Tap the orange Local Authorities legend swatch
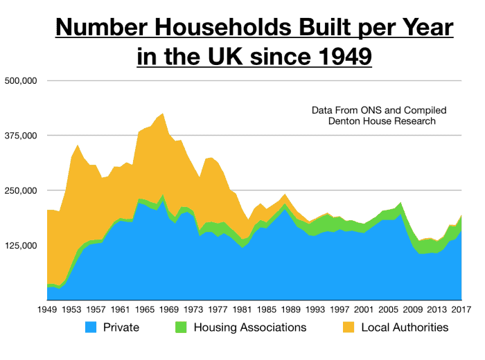347,327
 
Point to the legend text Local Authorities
405,327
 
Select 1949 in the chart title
339,56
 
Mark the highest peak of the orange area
163,114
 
